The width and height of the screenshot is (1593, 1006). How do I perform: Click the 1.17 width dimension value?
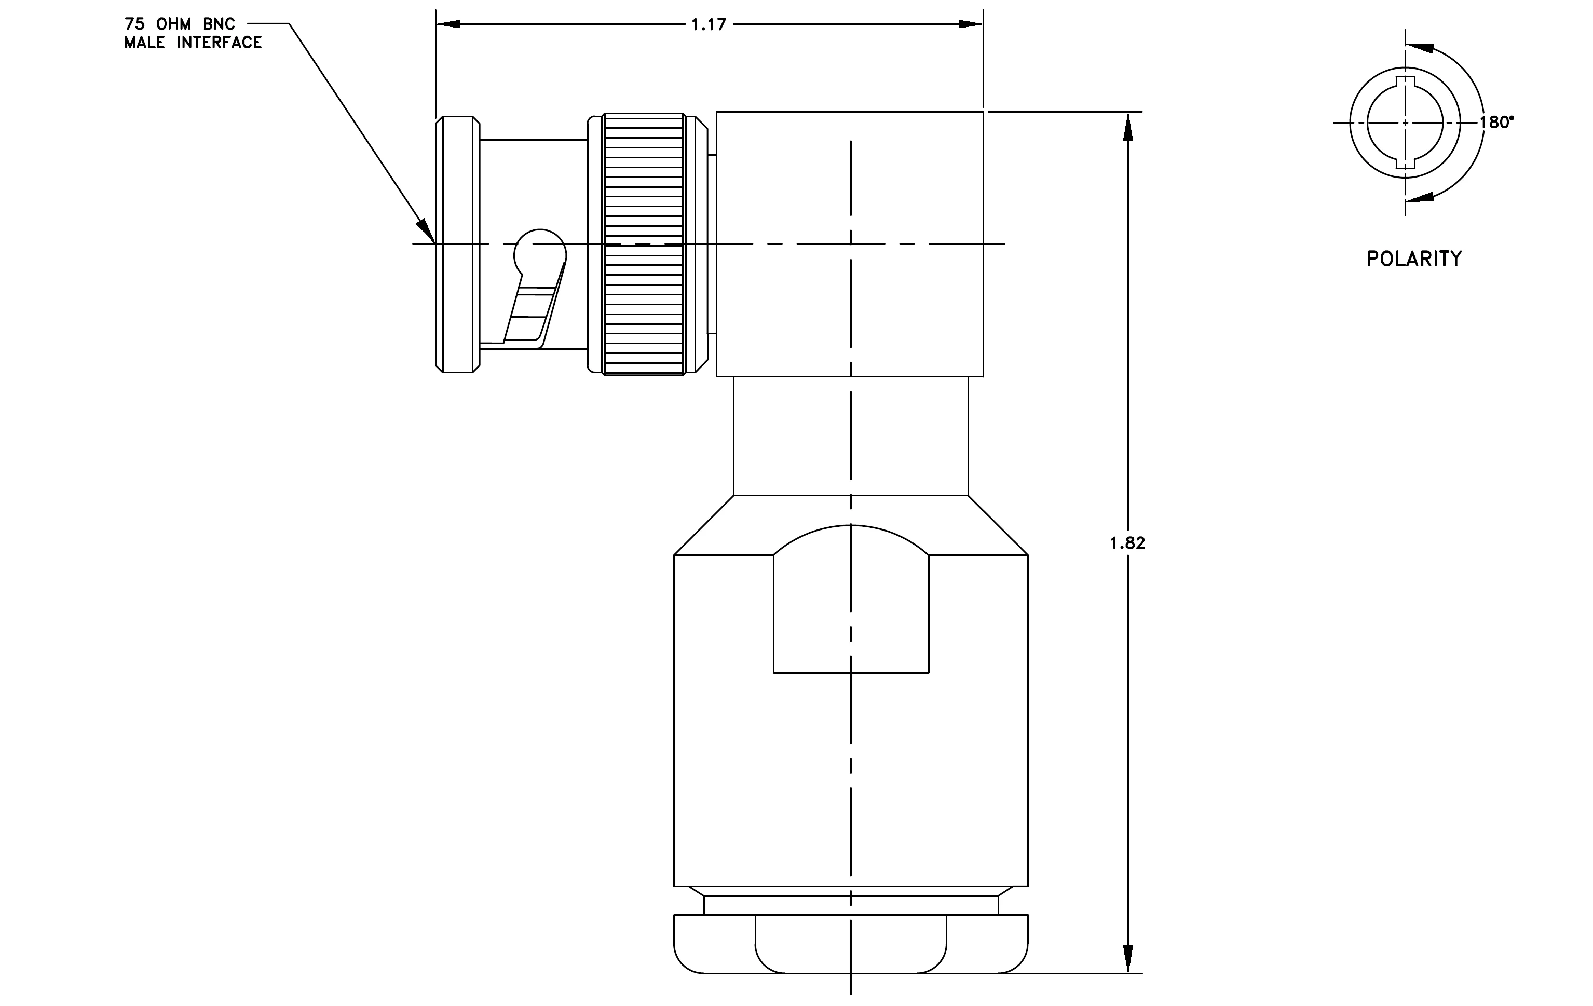[709, 24]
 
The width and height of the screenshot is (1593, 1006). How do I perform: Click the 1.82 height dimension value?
[1127, 543]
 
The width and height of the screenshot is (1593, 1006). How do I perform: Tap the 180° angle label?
[1496, 123]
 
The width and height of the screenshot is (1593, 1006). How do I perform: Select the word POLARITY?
[1414, 259]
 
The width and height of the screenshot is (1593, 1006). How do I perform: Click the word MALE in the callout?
[144, 43]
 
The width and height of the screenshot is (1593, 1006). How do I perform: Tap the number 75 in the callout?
[134, 24]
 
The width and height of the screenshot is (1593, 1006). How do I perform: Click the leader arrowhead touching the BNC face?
[426, 232]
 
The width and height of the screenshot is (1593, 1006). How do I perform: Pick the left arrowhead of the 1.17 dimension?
[448, 24]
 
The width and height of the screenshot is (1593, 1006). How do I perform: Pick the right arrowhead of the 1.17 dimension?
[971, 24]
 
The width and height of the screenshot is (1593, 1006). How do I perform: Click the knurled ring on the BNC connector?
[644, 244]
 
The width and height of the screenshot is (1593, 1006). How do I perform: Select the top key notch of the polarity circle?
[1405, 82]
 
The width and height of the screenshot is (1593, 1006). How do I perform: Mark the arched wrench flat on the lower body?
[851, 599]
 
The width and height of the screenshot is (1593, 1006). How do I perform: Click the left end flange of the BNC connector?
[458, 244]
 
